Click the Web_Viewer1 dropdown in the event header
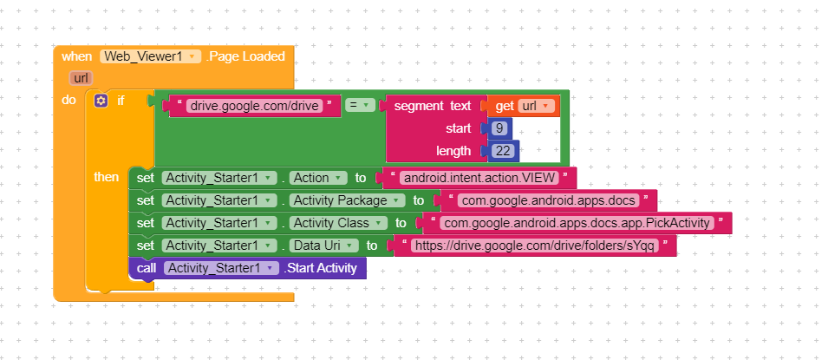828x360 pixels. click(151, 56)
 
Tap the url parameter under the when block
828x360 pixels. click(81, 78)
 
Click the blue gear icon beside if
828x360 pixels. click(101, 101)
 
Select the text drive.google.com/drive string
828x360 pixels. click(255, 106)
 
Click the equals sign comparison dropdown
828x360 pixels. click(360, 105)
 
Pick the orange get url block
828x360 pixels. click(524, 106)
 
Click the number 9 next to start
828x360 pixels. click(499, 128)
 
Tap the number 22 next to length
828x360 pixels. click(503, 151)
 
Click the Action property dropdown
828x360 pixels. click(318, 178)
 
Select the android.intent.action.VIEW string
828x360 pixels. click(479, 178)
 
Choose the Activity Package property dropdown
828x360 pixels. click(348, 200)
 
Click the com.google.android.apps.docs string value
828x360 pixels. click(548, 200)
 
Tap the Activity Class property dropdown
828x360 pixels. click(338, 223)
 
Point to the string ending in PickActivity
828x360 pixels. click(577, 223)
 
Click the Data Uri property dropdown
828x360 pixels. click(324, 245)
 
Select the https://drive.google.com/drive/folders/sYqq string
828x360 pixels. click(535, 245)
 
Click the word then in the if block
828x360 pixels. click(106, 177)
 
